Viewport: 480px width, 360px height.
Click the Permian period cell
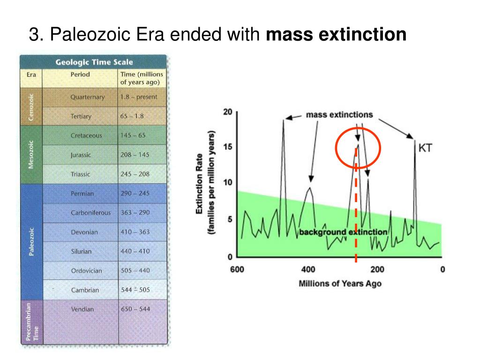tap(82, 194)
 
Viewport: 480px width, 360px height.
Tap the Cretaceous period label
tap(86, 135)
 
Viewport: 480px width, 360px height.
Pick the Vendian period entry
tap(82, 309)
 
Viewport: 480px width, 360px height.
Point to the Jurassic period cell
tap(81, 155)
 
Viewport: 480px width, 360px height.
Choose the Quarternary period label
tap(88, 97)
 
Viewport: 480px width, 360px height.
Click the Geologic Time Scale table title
tap(94, 62)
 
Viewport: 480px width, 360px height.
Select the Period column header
tap(80, 74)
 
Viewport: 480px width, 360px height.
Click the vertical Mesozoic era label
tap(31, 154)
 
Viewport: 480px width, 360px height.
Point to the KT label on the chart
tap(425, 149)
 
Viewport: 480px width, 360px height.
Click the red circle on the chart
tap(357, 148)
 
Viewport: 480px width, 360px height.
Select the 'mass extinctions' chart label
tap(339, 114)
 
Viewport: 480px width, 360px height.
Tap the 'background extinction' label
tap(343, 232)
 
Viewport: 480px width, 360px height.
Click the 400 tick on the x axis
tap(308, 270)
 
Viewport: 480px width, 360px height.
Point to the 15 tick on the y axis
tap(227, 147)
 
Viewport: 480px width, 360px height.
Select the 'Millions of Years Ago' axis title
tap(340, 284)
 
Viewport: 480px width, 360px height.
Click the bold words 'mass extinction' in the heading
tap(336, 34)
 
